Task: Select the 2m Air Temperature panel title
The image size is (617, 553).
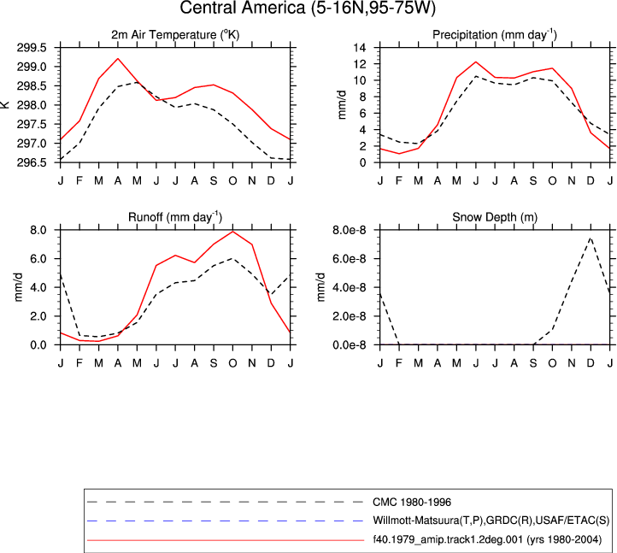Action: [x=175, y=35]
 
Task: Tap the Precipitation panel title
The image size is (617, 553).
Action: [x=495, y=35]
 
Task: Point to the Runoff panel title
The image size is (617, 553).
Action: [x=175, y=217]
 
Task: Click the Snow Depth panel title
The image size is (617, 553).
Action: [x=495, y=217]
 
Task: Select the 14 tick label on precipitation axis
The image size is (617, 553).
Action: [x=360, y=48]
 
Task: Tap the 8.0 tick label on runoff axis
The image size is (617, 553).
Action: [x=38, y=230]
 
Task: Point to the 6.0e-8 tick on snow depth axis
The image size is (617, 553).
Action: [x=349, y=259]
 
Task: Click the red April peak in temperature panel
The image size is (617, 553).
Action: [x=118, y=59]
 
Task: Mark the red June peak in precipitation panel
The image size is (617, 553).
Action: [x=476, y=62]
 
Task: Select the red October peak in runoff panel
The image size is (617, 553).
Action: [x=232, y=232]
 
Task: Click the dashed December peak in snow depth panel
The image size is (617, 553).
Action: [x=591, y=238]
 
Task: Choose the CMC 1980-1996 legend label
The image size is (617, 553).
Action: [x=412, y=503]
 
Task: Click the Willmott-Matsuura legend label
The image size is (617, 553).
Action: [x=491, y=521]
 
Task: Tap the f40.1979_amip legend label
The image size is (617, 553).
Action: [x=487, y=539]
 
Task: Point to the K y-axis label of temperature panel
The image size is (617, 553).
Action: [x=5, y=104]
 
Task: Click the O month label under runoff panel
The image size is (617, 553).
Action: [x=232, y=363]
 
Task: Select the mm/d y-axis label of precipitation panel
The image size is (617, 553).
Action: [x=342, y=104]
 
